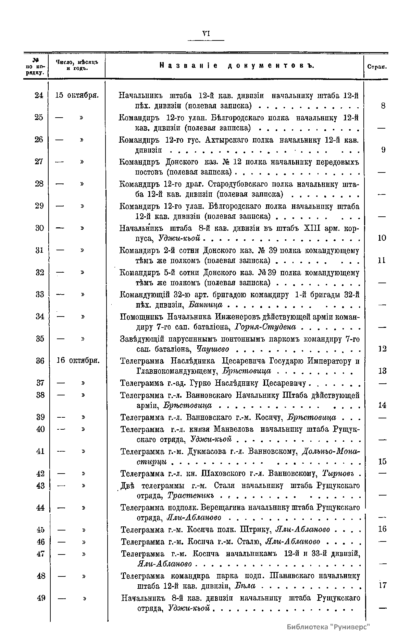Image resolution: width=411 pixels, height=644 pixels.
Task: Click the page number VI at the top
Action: tap(206, 33)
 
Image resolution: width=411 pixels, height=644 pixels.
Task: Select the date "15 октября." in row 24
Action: tap(77, 95)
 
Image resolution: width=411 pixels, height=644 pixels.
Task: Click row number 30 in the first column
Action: tap(40, 228)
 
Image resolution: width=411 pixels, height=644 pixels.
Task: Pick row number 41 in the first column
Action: tap(40, 451)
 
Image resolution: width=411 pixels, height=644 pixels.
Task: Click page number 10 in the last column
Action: tap(382, 238)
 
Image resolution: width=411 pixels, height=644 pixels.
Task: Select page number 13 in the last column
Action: tap(382, 371)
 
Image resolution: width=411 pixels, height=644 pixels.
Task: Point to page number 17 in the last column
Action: tap(382, 585)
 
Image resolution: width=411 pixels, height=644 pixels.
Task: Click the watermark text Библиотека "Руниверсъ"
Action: tap(328, 627)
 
